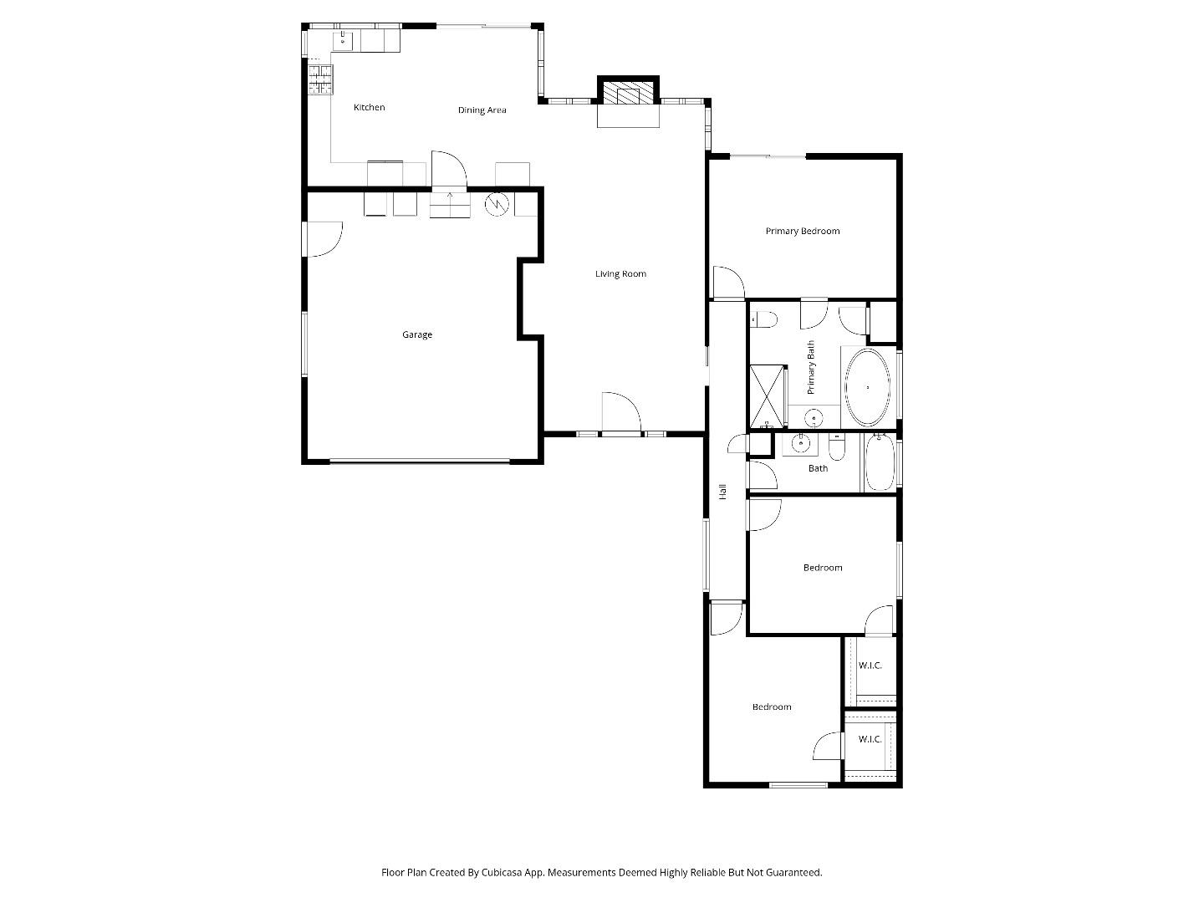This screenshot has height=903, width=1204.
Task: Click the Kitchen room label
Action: click(369, 107)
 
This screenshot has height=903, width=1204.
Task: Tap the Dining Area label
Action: click(482, 110)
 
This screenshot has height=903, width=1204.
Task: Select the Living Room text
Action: click(620, 273)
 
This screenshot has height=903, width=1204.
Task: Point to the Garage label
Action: click(417, 334)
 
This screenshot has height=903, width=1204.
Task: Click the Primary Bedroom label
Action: click(802, 231)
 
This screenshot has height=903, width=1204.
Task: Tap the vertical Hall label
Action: click(723, 492)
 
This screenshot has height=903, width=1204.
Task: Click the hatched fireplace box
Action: click(628, 93)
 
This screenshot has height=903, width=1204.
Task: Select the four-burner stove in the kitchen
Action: click(319, 79)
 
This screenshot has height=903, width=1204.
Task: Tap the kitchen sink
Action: click(344, 39)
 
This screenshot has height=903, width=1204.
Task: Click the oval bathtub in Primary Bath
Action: click(868, 387)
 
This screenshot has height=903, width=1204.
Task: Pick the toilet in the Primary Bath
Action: click(764, 319)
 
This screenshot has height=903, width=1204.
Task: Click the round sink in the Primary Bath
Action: click(812, 417)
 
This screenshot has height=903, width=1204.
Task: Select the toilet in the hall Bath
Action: click(838, 447)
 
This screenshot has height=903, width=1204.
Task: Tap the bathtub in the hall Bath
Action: click(879, 463)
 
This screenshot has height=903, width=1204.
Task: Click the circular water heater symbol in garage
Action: click(497, 203)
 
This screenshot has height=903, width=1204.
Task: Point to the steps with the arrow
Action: click(450, 204)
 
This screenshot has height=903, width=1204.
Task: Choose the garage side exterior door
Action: click(324, 239)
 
